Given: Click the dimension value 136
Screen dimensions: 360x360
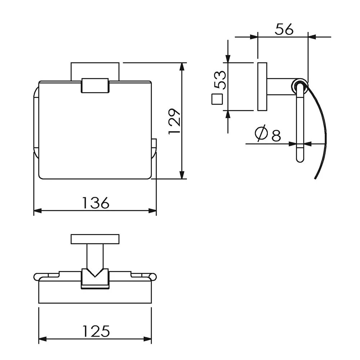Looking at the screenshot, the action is point(95,203).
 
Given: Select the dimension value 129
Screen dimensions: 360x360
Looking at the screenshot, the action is point(175,121).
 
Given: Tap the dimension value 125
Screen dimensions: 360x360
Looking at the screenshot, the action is point(96,331).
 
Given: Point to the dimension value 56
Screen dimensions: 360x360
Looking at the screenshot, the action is point(284,29).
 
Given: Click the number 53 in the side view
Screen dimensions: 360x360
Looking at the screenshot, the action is point(220,80).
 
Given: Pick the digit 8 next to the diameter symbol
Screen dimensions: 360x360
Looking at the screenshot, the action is point(276,135).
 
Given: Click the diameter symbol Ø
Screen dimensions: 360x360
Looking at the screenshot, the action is point(261,133).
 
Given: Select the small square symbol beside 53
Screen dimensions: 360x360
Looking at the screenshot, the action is point(217,99).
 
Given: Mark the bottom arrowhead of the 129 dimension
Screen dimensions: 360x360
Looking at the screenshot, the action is point(182,175).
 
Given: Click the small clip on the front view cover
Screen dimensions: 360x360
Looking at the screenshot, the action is point(95,85).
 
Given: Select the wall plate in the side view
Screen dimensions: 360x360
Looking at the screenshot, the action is point(262,86).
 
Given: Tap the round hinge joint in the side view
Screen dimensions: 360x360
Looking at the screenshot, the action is point(300,86).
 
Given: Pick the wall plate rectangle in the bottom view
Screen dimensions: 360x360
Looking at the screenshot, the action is point(95,239).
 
